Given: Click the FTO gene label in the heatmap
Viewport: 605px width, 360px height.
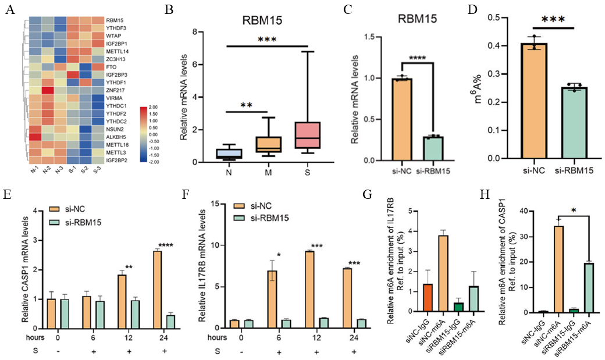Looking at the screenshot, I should point(110,67).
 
